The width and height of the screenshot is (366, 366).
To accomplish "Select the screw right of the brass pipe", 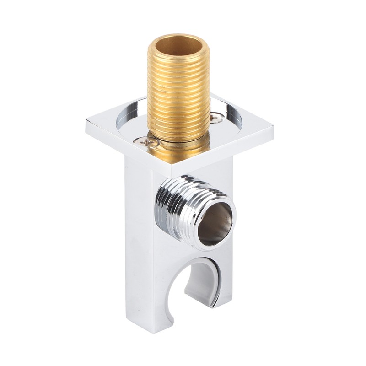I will point(215,118).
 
